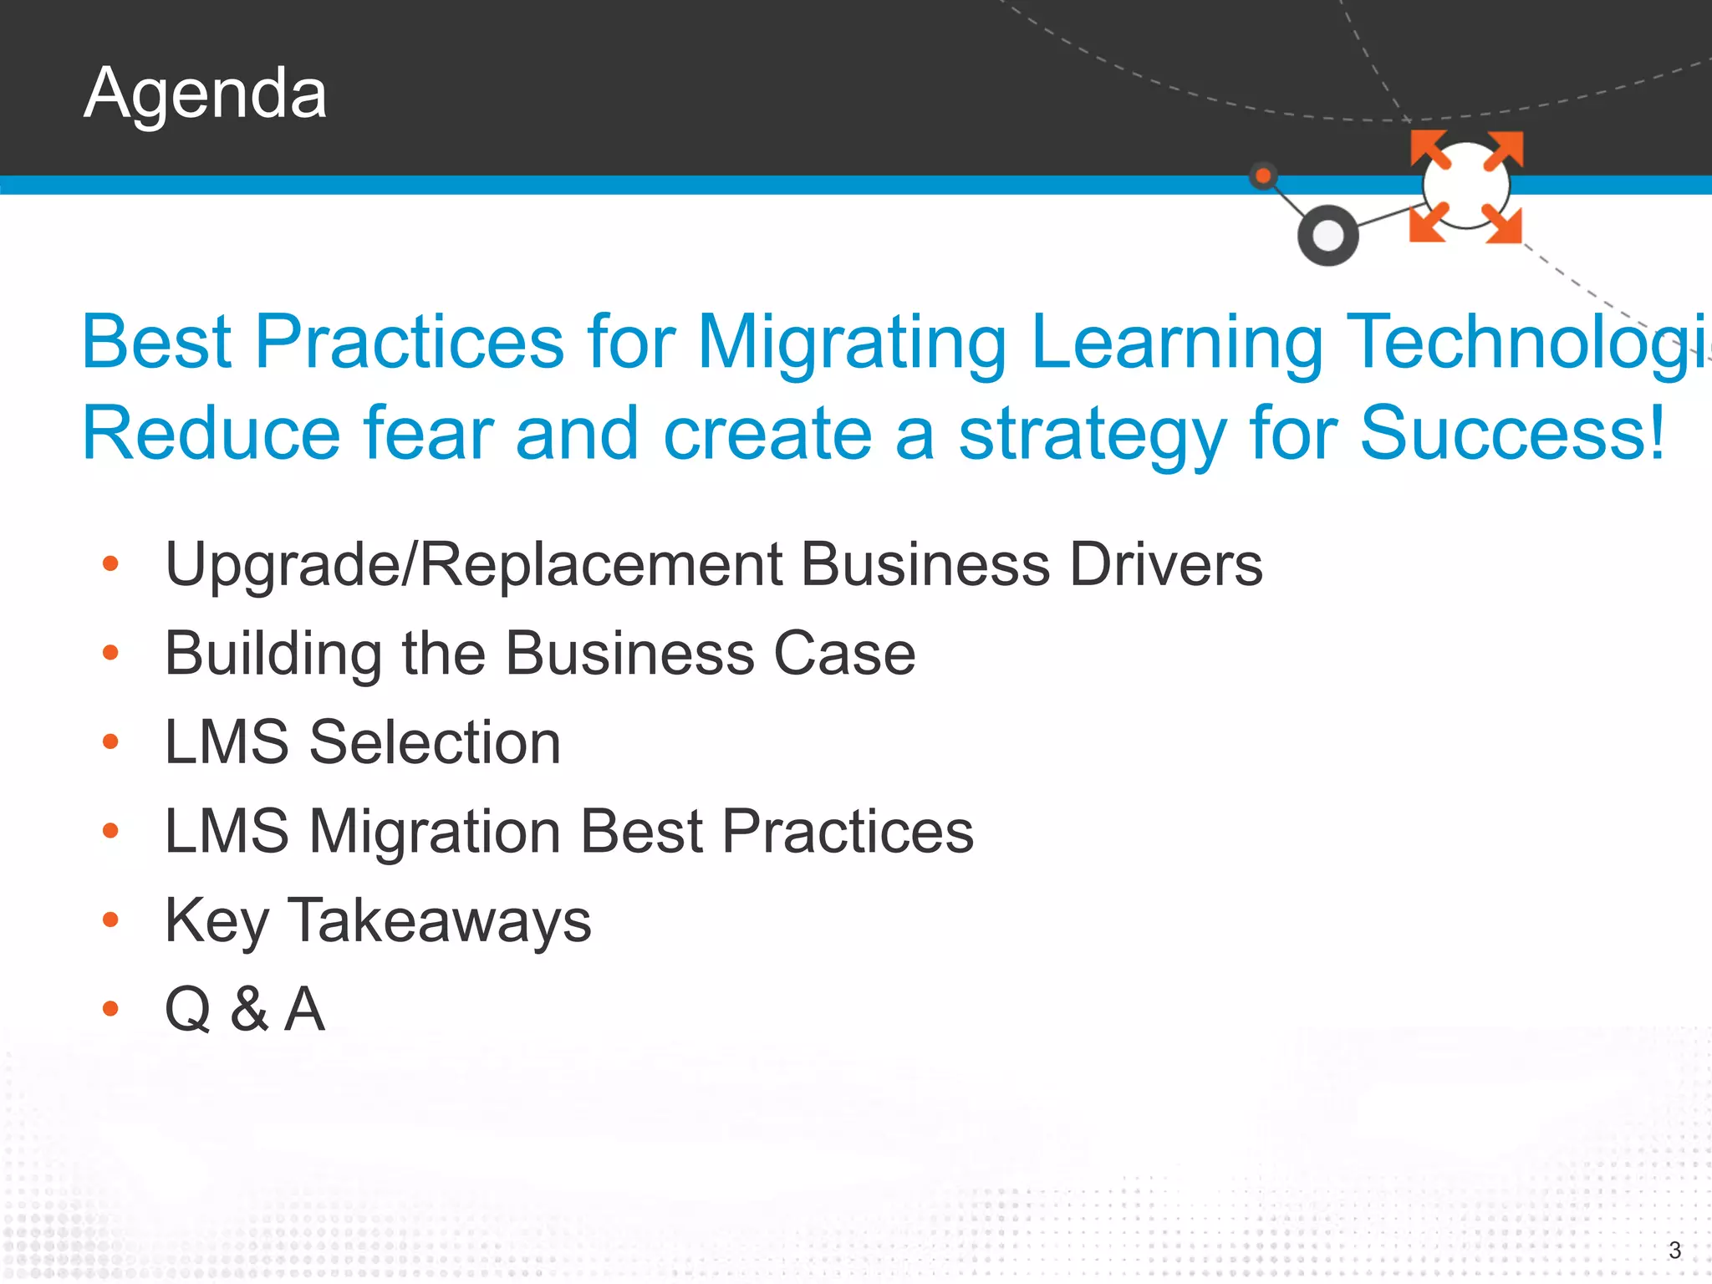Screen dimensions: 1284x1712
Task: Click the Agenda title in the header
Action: [205, 94]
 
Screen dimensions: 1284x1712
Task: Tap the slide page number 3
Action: [1674, 1251]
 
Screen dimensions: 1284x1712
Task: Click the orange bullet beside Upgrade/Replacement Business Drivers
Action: [110, 564]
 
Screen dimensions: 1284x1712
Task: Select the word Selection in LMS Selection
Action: [435, 742]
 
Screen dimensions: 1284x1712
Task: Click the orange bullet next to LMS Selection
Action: [110, 741]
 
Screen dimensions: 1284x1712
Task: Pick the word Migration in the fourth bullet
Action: [435, 832]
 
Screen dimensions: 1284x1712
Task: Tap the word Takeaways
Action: [440, 920]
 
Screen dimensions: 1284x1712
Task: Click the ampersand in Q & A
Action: [249, 1009]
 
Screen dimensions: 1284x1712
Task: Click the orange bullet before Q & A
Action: [110, 1009]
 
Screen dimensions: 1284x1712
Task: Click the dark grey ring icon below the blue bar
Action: [1327, 236]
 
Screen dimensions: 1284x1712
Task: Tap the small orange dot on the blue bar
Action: [1263, 176]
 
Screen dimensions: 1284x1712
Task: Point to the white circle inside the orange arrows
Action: [1466, 186]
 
